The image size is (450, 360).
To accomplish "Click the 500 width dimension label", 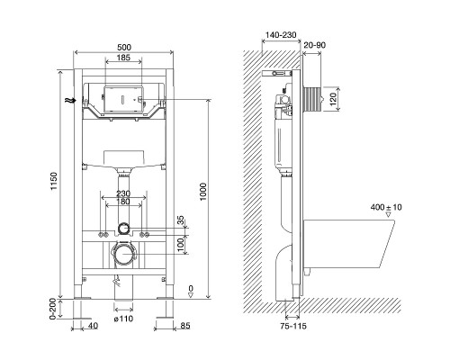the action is point(124,48).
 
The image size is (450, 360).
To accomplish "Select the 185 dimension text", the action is point(123,58).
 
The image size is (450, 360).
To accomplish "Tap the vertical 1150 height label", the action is point(54,181).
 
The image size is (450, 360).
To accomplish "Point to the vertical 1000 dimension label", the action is point(203,192).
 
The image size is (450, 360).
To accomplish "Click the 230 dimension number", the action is point(123,193).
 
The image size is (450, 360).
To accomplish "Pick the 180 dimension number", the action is point(123,202).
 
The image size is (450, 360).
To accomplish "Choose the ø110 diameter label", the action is point(123,319).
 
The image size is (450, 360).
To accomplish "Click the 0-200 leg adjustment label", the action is point(53,309).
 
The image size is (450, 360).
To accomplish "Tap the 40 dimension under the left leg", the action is point(94,326).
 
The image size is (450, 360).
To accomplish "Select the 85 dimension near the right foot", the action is point(185,326).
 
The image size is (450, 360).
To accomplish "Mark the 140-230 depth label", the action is point(281,35).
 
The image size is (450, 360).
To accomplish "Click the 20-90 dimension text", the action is point(314,45).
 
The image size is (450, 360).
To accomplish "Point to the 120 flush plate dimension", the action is point(333,99).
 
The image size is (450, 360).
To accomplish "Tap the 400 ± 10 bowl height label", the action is point(386,207).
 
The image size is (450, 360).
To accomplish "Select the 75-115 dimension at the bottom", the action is point(293,326).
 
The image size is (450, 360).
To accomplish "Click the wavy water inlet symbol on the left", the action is point(71,101).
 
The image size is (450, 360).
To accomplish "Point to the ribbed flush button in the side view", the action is point(312,99).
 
